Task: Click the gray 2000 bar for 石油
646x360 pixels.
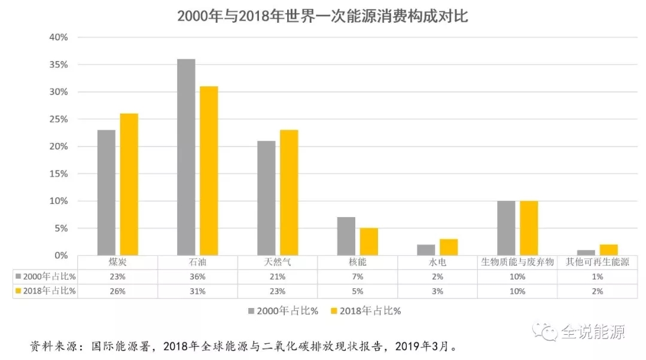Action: pos(186,157)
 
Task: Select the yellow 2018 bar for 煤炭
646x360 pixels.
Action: pos(129,185)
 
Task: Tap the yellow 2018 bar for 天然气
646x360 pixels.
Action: pos(288,193)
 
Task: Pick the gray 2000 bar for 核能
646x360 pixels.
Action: pos(346,236)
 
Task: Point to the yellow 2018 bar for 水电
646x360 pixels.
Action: pos(449,247)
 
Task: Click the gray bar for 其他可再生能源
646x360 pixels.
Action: pos(586,252)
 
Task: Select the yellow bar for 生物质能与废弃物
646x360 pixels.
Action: pos(529,228)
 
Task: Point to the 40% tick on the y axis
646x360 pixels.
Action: pos(59,37)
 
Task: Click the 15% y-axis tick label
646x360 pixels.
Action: pos(59,174)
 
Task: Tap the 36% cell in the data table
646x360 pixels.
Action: pos(197,277)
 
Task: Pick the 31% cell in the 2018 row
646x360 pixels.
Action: pos(197,291)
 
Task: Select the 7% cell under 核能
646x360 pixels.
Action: pos(357,277)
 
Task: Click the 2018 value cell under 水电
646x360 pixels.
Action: pos(437,291)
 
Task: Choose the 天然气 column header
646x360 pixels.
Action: pos(278,263)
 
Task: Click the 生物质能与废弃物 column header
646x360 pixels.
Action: pos(517,263)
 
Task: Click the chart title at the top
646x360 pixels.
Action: pos(322,16)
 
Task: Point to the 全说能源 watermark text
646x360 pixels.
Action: pos(592,331)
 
